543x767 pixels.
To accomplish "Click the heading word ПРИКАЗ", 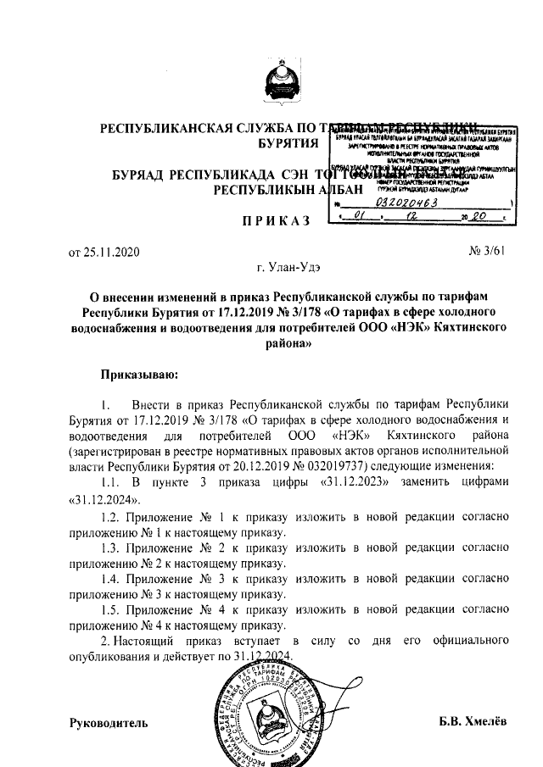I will click(x=271, y=221).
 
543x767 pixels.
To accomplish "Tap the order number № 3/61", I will click(x=486, y=252).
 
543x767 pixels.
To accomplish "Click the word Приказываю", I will click(x=139, y=372).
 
